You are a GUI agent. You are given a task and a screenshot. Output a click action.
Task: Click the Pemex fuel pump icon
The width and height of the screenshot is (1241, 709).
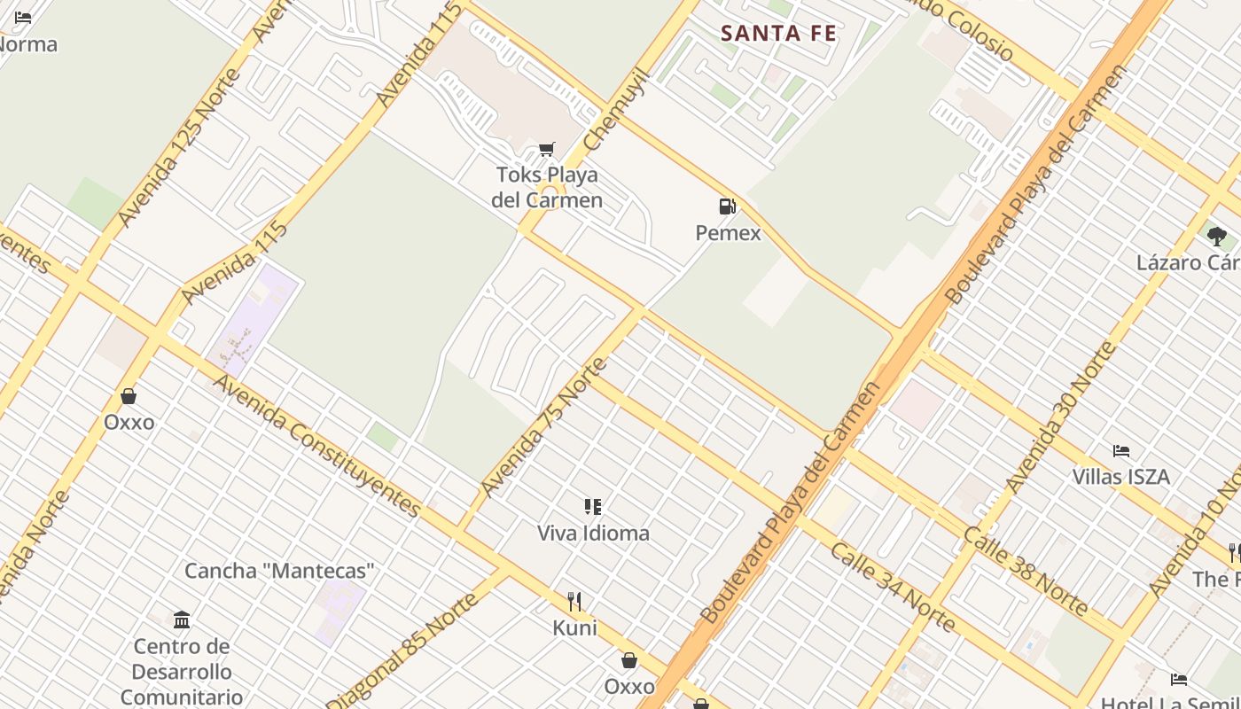coord(727,207)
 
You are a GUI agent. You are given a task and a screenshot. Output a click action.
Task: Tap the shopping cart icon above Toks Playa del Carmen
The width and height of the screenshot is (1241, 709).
coord(547,150)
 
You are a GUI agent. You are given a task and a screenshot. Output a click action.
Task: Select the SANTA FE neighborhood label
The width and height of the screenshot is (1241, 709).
coord(778,34)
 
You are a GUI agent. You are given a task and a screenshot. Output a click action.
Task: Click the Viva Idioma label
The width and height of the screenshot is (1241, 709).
coord(593,533)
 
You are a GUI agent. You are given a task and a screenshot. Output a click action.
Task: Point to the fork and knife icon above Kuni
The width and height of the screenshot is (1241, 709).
coord(574,602)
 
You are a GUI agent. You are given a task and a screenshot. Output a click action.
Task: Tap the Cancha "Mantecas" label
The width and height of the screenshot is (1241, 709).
coord(279,571)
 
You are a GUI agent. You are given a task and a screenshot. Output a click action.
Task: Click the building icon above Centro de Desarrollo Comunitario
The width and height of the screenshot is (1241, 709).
coord(182,619)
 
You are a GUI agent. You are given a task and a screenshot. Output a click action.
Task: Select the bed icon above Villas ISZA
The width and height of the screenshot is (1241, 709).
coord(1121,451)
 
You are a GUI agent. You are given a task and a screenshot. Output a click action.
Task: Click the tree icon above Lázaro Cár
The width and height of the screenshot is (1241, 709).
coord(1216,237)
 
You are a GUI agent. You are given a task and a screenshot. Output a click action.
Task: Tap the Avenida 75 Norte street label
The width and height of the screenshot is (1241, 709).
coord(543,427)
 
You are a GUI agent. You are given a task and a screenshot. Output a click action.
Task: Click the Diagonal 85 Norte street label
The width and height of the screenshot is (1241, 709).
coord(404,649)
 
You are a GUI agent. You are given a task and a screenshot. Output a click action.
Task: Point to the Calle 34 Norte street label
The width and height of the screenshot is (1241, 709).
coord(893,587)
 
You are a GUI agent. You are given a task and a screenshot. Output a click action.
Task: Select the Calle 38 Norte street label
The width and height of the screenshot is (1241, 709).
coord(1026,571)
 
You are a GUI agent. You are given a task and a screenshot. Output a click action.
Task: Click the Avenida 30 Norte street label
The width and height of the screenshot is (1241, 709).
coord(1062,417)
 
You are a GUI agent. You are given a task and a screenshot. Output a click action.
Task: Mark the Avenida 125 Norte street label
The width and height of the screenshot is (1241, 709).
coord(178,147)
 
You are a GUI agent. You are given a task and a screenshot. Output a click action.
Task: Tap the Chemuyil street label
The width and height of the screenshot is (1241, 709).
coord(617,109)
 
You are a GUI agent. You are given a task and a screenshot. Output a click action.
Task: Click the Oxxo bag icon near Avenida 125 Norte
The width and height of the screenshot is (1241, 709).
coord(129,396)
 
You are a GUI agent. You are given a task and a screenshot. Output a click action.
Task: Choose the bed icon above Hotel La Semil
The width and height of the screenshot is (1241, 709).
coord(1178,680)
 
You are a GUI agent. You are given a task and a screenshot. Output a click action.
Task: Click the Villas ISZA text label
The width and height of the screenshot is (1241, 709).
coord(1120,477)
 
